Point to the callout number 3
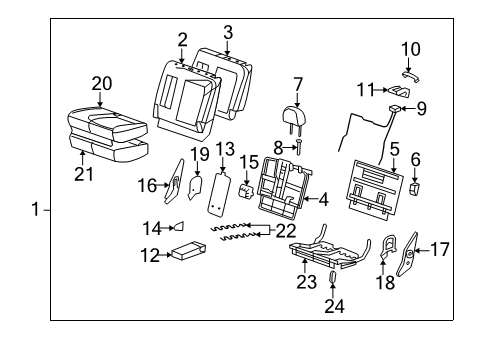(227, 33)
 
